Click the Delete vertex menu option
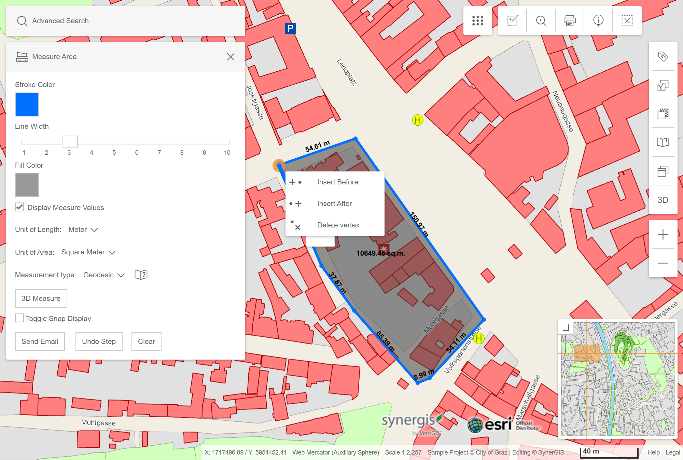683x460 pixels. [338, 225]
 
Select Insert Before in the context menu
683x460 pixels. [337, 182]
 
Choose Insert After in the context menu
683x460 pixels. [334, 204]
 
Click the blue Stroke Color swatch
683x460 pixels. [27, 104]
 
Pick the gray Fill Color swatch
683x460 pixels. [27, 185]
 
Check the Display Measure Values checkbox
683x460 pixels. [20, 207]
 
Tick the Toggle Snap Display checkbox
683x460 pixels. [20, 318]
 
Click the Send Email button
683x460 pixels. [40, 341]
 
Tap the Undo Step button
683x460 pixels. [99, 341]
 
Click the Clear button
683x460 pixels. [147, 341]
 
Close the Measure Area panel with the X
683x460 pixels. [231, 57]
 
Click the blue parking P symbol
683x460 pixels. [290, 28]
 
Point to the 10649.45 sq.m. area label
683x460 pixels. [380, 253]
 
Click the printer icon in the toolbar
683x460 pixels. [569, 21]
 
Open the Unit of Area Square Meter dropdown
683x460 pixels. [88, 252]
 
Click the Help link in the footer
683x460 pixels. [653, 452]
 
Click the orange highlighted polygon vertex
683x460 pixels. [279, 166]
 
